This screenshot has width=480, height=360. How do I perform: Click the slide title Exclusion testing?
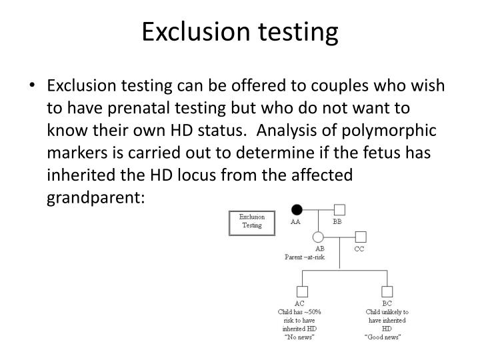point(240,31)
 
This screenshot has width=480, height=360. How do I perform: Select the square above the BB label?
point(339,210)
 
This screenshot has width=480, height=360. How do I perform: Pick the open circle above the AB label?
point(318,237)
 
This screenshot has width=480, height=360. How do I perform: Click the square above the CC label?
point(361,237)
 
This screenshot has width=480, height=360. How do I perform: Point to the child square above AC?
point(302,291)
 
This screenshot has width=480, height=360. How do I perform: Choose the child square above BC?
point(387,291)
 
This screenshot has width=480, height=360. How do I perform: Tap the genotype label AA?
point(295,222)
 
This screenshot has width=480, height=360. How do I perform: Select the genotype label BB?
point(337,222)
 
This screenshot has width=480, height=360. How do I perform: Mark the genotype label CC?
point(359,249)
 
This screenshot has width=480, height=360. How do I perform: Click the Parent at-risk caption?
point(305,257)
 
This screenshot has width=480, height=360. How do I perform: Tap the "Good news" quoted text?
point(386,337)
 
